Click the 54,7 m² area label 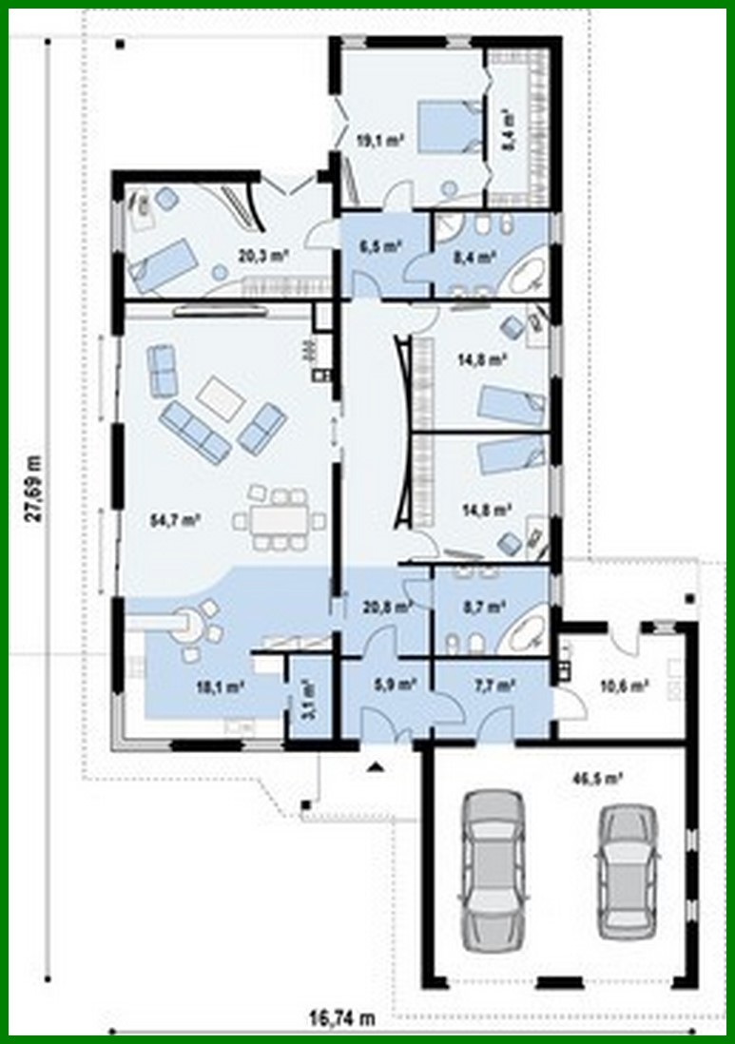[x=174, y=520]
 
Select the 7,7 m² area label [x=493, y=683]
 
